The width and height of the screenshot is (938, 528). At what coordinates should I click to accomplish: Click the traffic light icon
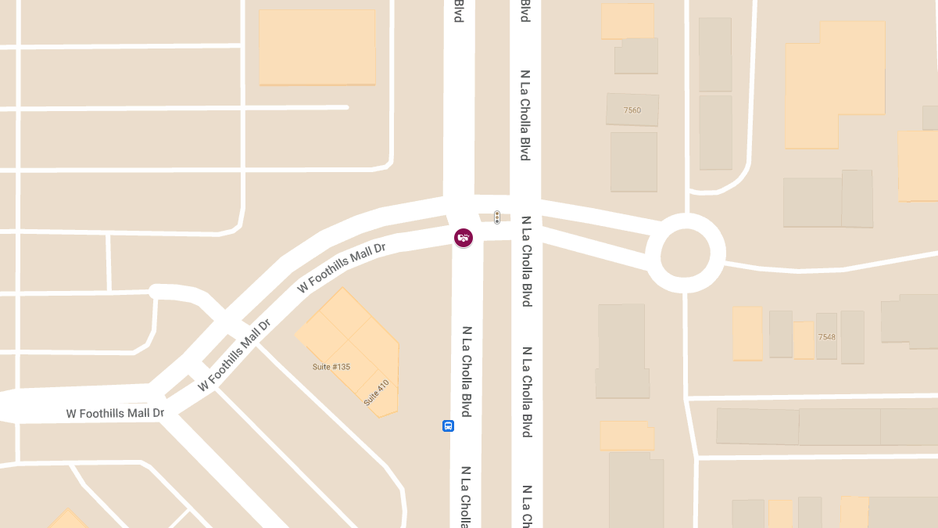point(496,217)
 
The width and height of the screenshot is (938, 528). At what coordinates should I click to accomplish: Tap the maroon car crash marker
point(464,237)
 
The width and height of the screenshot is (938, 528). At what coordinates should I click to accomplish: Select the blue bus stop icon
point(448,426)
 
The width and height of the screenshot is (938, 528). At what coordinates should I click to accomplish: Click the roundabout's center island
point(686,253)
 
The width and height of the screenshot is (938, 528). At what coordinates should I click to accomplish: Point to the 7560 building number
point(632,110)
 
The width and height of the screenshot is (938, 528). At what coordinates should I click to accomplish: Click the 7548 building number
point(827,337)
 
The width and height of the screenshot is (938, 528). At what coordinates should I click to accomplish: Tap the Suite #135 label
point(331,366)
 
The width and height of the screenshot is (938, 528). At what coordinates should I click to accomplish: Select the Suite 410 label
point(376,392)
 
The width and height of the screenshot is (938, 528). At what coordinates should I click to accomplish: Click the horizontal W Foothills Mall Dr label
point(115,413)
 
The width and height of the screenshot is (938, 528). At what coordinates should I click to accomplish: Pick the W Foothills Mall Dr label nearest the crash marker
point(342,268)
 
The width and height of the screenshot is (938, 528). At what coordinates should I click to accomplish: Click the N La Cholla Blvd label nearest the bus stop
point(466,372)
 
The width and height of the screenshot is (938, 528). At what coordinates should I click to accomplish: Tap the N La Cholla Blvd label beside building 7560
point(525,116)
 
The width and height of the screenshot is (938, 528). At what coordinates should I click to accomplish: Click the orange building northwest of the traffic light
point(317,46)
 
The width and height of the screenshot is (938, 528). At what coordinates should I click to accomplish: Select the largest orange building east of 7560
point(835,86)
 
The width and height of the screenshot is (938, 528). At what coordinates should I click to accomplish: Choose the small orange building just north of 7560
point(627,20)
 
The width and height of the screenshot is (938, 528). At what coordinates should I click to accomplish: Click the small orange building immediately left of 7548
point(804,340)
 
